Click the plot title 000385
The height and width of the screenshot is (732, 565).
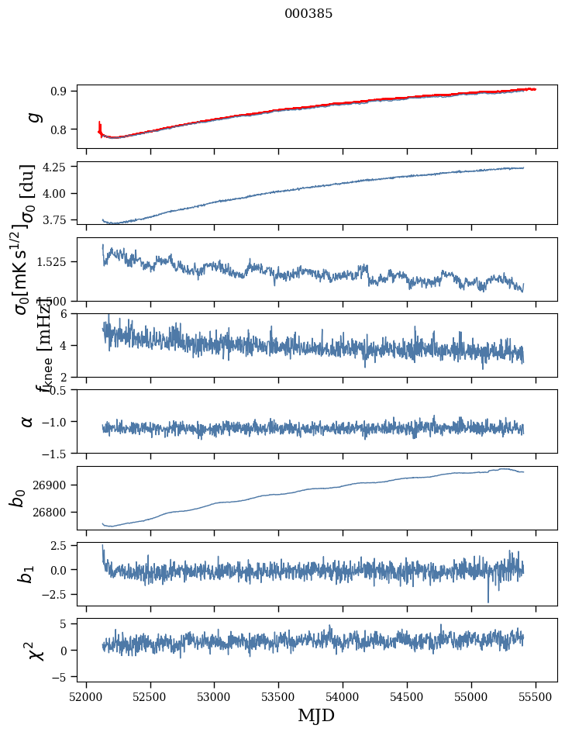pos(308,14)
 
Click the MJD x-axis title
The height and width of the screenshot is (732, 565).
pos(316,715)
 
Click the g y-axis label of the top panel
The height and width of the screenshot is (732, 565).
pos(33,116)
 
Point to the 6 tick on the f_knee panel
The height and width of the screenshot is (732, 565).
pos(67,313)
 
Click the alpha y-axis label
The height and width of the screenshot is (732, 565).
pos(28,421)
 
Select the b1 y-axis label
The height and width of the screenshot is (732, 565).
pos(28,574)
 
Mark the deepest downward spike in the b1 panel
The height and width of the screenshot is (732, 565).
pos(488,602)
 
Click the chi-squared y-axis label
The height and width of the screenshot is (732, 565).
pos(36,650)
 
